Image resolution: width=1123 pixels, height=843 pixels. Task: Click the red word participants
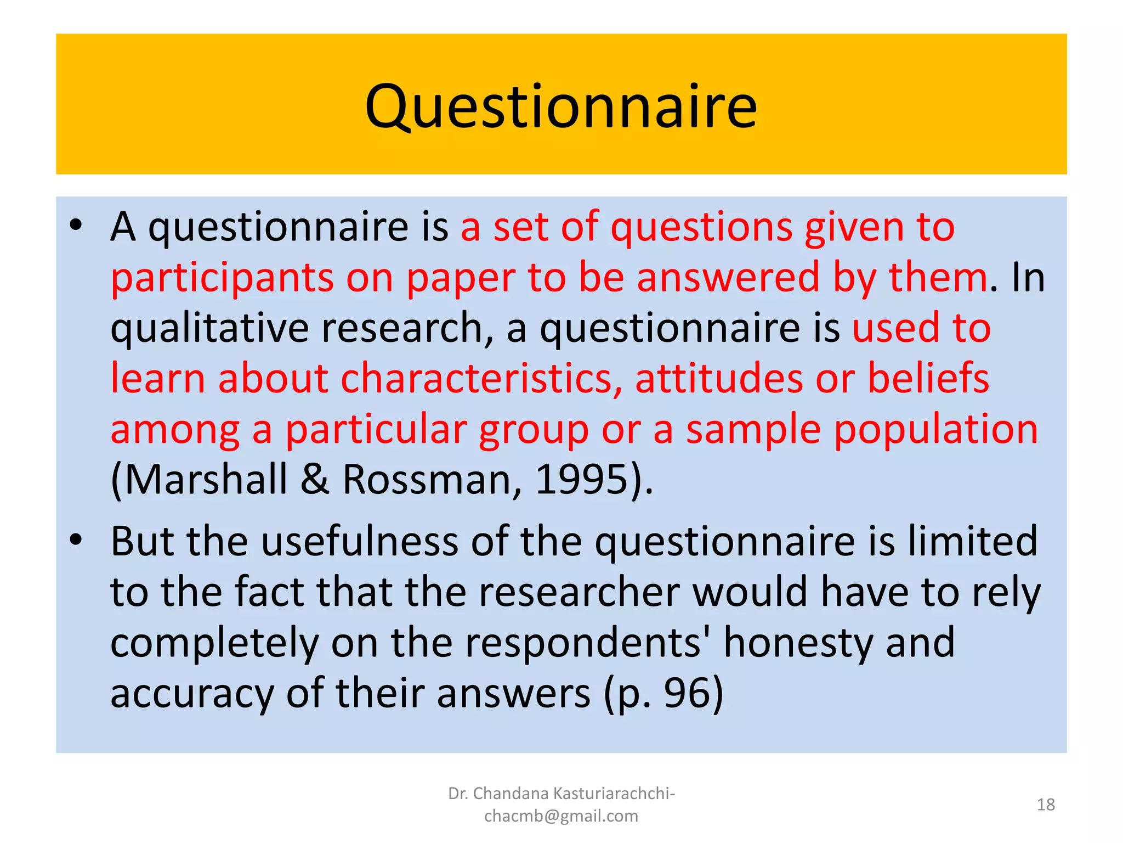[x=222, y=278]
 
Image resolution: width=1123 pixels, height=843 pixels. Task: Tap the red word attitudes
[x=719, y=379]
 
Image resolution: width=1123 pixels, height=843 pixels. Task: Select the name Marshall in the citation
[x=206, y=480]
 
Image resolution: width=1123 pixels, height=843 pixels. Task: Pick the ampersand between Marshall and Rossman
[x=315, y=480]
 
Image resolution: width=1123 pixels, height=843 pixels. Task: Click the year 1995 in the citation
[x=581, y=480]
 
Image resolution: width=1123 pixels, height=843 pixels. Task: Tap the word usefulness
[x=360, y=542]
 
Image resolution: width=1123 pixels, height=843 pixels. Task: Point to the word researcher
[x=579, y=592]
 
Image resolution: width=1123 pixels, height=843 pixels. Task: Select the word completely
[x=214, y=643]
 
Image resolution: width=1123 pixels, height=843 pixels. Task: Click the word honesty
[x=798, y=643]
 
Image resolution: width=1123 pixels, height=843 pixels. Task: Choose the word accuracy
[x=192, y=693]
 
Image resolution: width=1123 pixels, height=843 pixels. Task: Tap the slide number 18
[x=1046, y=805]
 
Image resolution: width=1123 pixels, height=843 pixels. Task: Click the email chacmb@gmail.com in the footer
[x=561, y=816]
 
